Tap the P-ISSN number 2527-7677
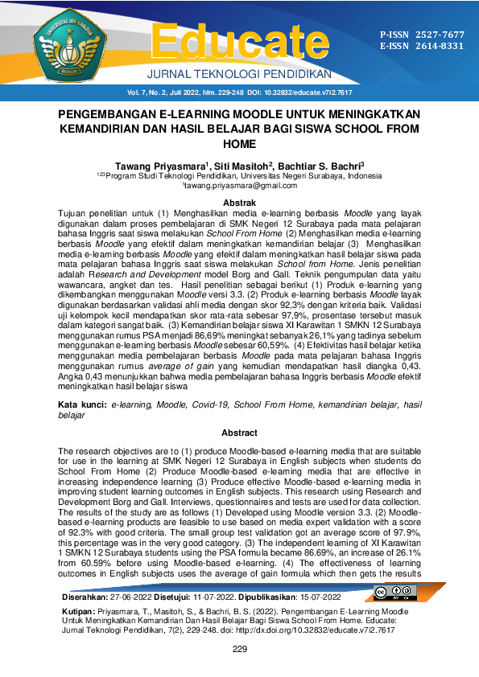[x=440, y=35]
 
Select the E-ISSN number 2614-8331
[x=440, y=46]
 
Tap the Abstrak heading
[x=239, y=202]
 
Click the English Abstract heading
[x=239, y=433]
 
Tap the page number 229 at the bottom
[x=239, y=649]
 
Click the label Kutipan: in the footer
[x=81, y=612]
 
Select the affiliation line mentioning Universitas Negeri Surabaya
[x=239, y=174]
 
